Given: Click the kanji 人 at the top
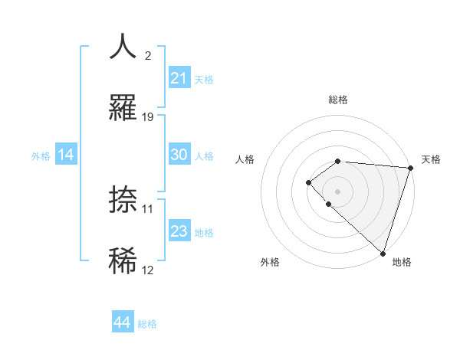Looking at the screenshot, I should point(123,47).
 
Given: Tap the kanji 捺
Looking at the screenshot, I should point(123,200).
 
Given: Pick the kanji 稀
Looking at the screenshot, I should point(123,260).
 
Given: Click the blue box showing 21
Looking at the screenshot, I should point(179,77).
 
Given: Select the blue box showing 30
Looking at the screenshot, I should point(179,155).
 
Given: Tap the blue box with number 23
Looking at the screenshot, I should point(179,231).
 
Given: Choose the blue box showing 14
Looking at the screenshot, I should point(66,155).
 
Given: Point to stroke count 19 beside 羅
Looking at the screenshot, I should point(148,117).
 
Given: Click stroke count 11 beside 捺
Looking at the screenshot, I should point(148,208).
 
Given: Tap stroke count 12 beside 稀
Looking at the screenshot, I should point(148,270).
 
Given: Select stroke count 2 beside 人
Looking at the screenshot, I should point(148,56).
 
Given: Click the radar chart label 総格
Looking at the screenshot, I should point(338,100).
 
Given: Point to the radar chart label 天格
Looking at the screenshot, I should point(431,159).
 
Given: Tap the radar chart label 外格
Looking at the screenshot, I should point(270,262).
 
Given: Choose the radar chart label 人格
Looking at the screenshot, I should point(245,159).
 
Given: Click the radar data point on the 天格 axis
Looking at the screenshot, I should point(410,168).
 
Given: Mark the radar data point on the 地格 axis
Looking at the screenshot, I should point(383,253).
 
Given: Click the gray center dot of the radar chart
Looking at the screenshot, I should point(337,191).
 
